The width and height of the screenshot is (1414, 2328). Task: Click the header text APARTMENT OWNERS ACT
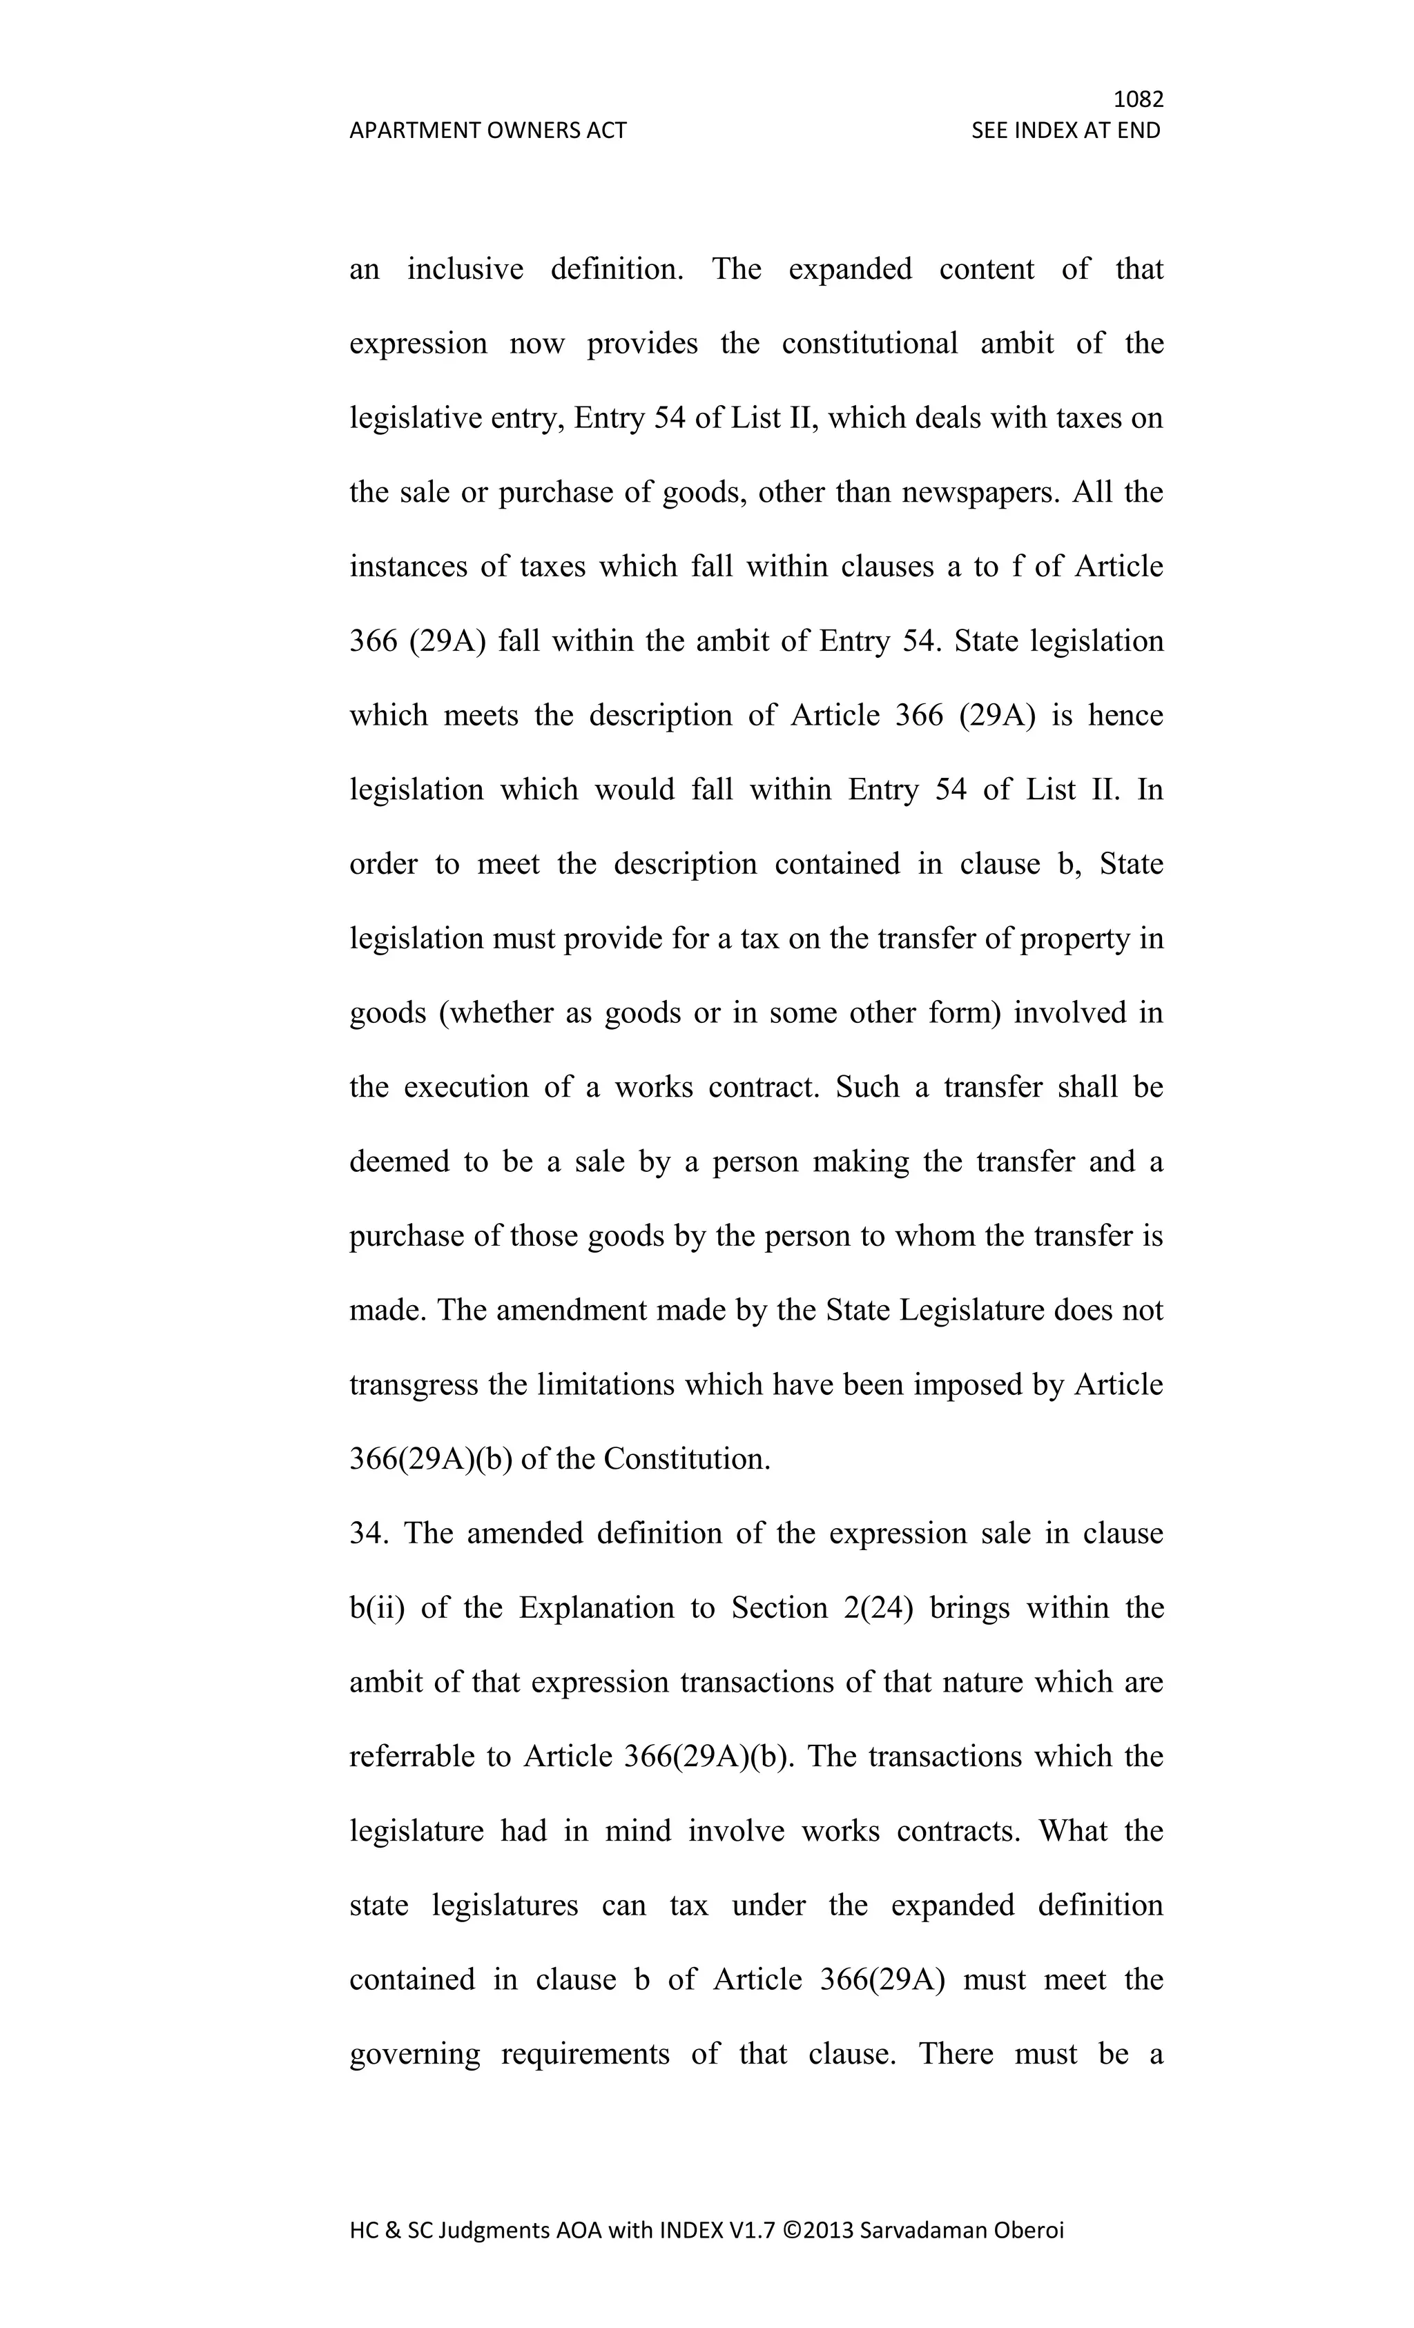pos(487,130)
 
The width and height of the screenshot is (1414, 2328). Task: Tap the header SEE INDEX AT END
pos(1065,130)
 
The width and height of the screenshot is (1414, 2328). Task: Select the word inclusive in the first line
pos(465,269)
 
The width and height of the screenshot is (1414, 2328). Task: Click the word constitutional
pos(869,343)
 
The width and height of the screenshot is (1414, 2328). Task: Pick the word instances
pos(408,567)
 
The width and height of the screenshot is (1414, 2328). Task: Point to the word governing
pos(414,2055)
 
